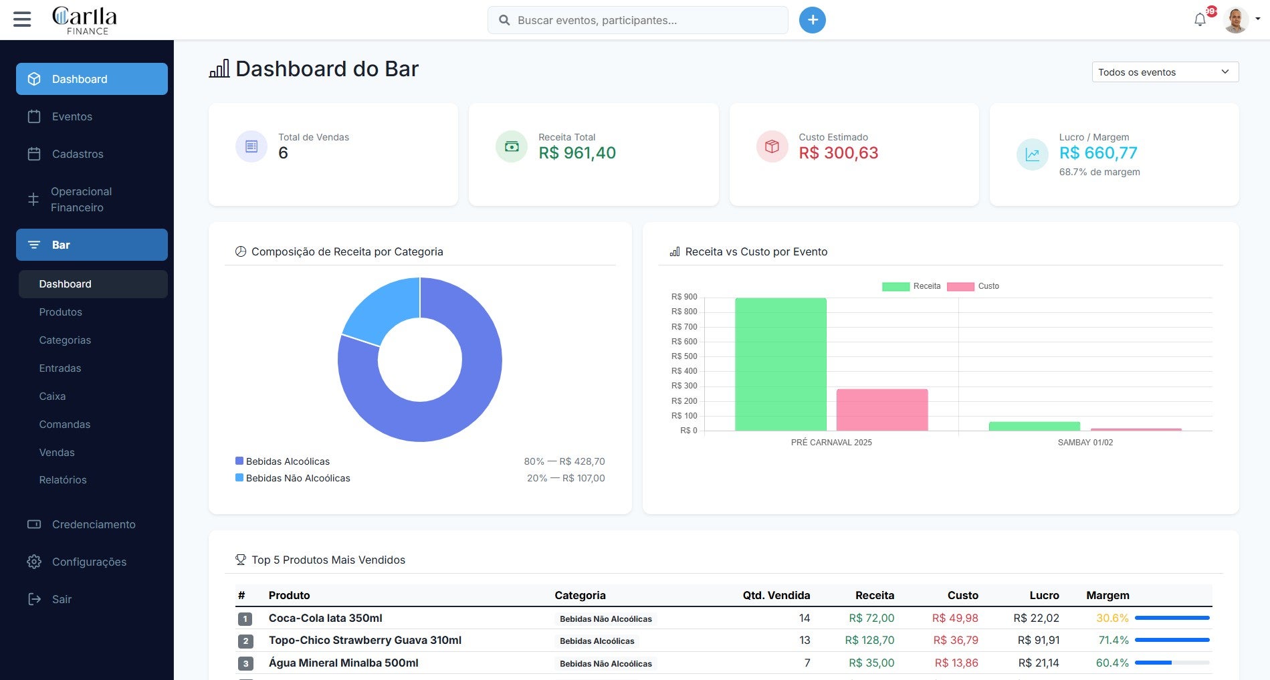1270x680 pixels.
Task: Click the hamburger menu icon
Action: [22, 19]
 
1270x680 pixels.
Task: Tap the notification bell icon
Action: [1200, 20]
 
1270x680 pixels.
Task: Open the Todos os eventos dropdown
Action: [1164, 72]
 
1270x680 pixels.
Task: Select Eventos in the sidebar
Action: [72, 116]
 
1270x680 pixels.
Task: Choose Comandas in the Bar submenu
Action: [64, 425]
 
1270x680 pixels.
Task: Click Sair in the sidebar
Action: [62, 599]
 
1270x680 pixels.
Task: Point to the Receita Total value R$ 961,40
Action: [577, 153]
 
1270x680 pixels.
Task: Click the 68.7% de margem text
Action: [1099, 172]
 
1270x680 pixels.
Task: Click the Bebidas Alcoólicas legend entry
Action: [288, 461]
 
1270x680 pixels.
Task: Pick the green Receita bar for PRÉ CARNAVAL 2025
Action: [780, 364]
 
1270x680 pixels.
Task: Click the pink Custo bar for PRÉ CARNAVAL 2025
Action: [881, 410]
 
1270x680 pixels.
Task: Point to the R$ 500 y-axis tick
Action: [683, 356]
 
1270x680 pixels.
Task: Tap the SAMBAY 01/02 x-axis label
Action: [1085, 443]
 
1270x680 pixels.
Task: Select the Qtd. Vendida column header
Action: [776, 595]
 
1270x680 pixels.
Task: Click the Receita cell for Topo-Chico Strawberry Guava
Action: [869, 641]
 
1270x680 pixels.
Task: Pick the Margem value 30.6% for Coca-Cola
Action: [1112, 618]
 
